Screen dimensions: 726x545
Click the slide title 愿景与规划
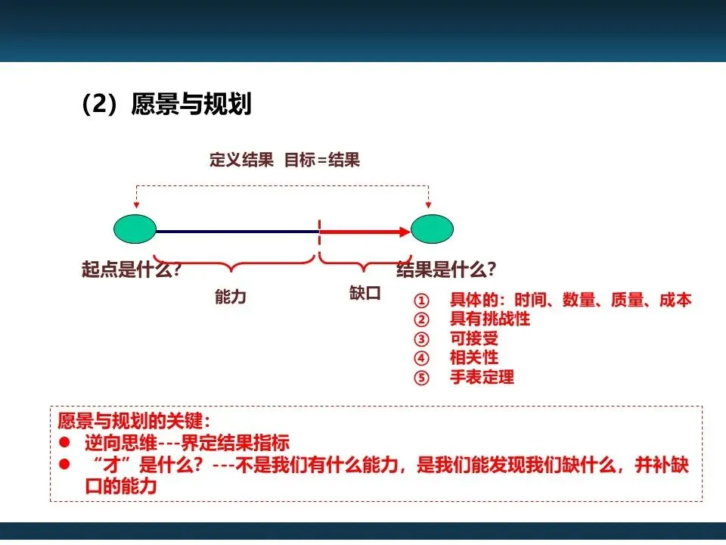191,104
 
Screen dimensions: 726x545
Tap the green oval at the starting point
135,229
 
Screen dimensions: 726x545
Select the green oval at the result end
432,229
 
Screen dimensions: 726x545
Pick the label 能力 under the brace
231,297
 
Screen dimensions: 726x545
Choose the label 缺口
365,293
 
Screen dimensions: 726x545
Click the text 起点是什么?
131,269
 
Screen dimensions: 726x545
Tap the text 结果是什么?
446,269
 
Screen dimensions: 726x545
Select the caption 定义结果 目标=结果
284,160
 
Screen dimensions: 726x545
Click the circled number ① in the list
422,301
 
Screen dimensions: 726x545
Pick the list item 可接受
474,338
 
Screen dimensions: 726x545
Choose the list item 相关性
474,357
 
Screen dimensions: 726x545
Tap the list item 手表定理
482,377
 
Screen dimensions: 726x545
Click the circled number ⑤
422,377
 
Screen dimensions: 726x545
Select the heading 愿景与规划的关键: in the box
134,422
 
